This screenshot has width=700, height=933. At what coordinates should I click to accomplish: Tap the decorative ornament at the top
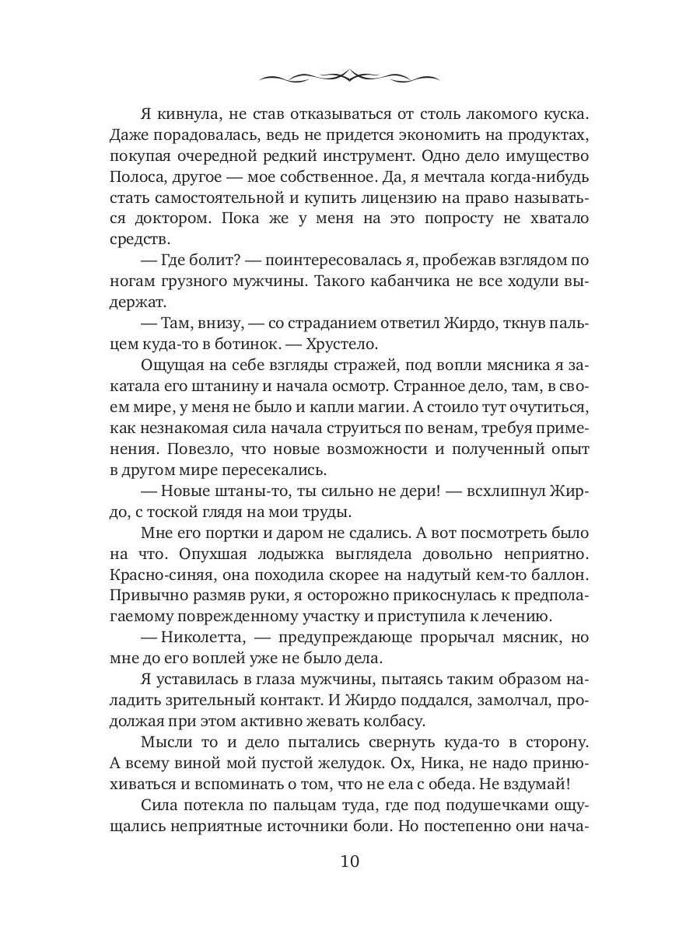(349, 76)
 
